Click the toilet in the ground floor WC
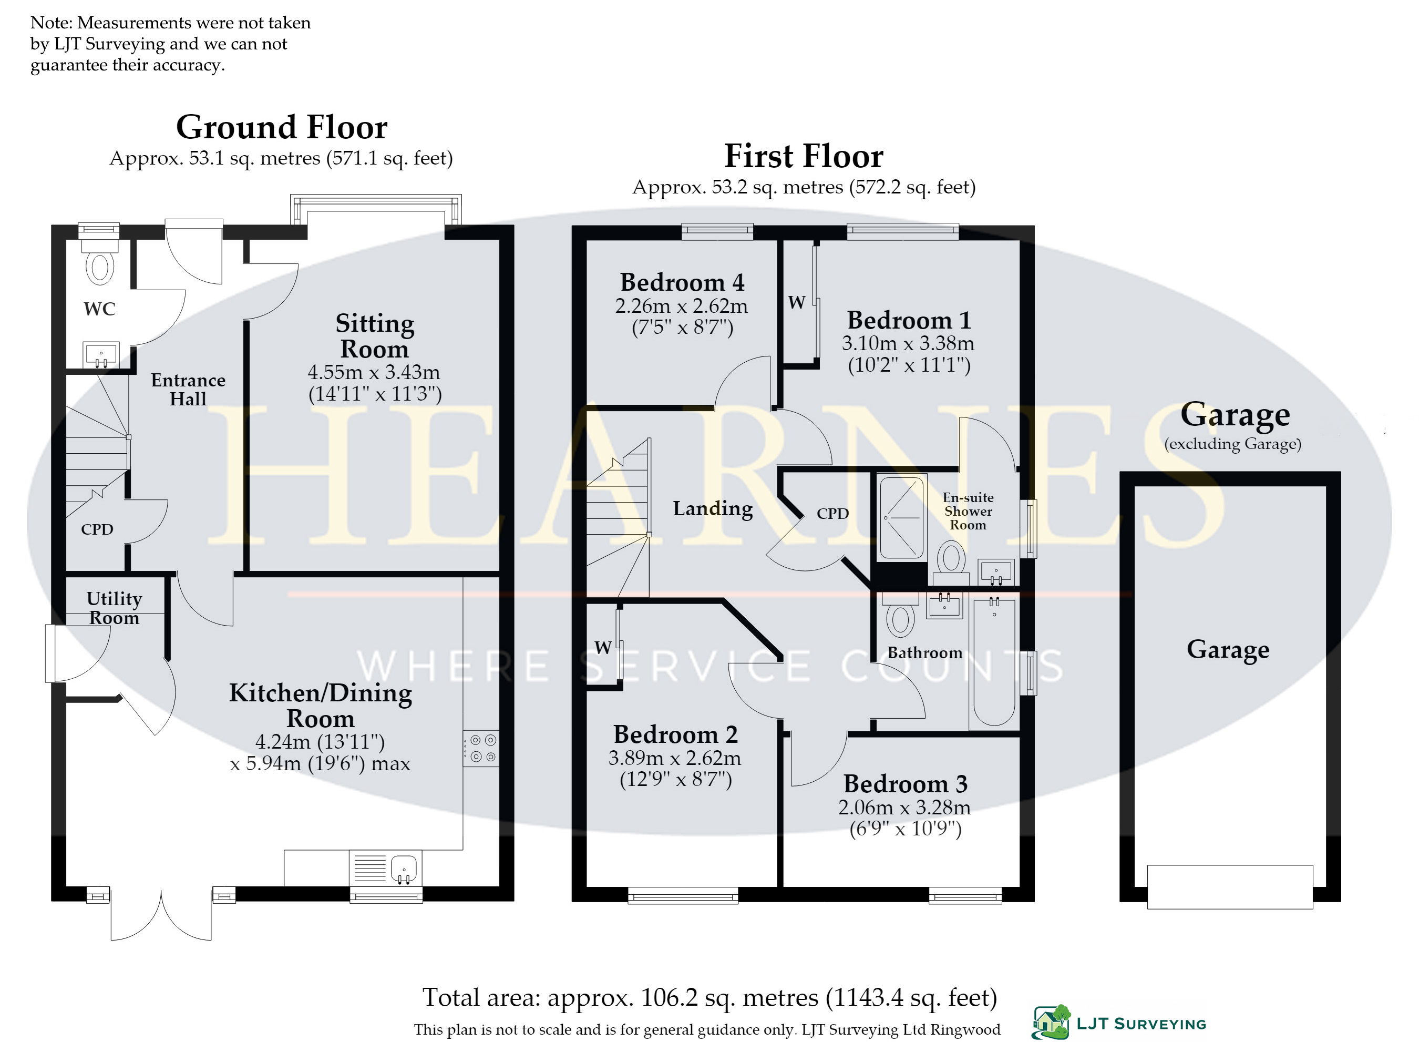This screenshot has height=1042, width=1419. [x=100, y=261]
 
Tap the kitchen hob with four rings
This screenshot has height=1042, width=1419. [x=481, y=749]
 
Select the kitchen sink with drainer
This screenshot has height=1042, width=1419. [x=385, y=868]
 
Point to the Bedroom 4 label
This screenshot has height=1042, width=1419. [x=682, y=282]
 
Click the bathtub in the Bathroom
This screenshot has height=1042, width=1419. [x=994, y=662]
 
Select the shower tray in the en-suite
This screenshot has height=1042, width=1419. [x=902, y=518]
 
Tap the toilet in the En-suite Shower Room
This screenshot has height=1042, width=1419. [x=951, y=563]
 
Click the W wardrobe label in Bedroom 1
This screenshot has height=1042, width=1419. [x=796, y=303]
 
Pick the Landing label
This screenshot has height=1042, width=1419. [x=712, y=508]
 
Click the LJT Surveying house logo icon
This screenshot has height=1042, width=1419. [x=1051, y=1022]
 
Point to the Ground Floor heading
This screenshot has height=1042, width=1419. [x=282, y=127]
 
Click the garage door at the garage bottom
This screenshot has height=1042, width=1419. [x=1230, y=887]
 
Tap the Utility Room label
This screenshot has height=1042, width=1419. [x=114, y=608]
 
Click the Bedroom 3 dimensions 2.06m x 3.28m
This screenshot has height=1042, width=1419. [x=904, y=808]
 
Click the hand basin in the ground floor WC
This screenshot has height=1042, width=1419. [x=101, y=354]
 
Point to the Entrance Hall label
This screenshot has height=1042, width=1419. [x=188, y=389]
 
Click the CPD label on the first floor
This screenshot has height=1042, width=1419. [x=832, y=514]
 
